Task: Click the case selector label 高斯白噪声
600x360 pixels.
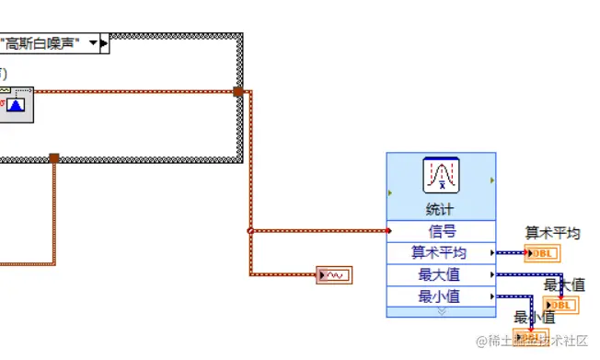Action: pyautogui.click(x=41, y=42)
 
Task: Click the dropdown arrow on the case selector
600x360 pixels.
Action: pyautogui.click(x=93, y=42)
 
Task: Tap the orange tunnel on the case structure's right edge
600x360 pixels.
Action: pyautogui.click(x=238, y=91)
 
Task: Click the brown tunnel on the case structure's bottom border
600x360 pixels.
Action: pyautogui.click(x=54, y=158)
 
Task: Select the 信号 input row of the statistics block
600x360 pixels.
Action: pyautogui.click(x=442, y=232)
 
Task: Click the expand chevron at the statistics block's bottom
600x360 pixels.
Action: pyautogui.click(x=441, y=311)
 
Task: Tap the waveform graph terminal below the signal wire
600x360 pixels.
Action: pyautogui.click(x=334, y=274)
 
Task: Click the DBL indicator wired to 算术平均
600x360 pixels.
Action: pyautogui.click(x=541, y=254)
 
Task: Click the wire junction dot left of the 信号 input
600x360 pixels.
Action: pyautogui.click(x=250, y=231)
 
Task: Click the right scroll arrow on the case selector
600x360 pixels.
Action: pyautogui.click(x=104, y=42)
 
